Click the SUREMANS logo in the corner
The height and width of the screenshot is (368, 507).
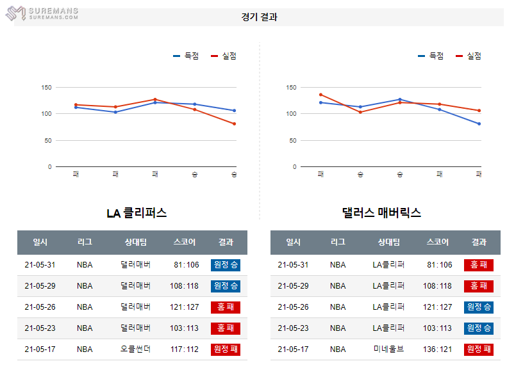pyautogui.click(x=47, y=13)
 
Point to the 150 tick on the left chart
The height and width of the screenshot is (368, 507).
pyautogui.click(x=46, y=88)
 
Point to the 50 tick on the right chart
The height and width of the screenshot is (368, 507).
pyautogui.click(x=292, y=141)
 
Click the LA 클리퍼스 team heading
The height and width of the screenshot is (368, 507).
pyautogui.click(x=137, y=213)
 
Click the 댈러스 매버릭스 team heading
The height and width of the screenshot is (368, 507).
pyautogui.click(x=381, y=213)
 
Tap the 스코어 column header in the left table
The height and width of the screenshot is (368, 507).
pyautogui.click(x=185, y=242)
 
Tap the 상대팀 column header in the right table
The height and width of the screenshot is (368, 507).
pyautogui.click(x=388, y=242)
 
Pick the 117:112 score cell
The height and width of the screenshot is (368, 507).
pyautogui.click(x=185, y=349)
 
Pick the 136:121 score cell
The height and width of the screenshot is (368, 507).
pyautogui.click(x=438, y=349)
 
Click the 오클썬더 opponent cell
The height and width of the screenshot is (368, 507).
pyautogui.click(x=135, y=349)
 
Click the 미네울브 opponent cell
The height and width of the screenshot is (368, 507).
pyautogui.click(x=388, y=349)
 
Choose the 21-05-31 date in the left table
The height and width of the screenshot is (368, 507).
pyautogui.click(x=40, y=265)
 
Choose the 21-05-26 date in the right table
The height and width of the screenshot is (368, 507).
pyautogui.click(x=293, y=307)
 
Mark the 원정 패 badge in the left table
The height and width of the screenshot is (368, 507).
pyautogui.click(x=225, y=349)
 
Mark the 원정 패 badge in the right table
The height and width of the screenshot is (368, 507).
pyautogui.click(x=479, y=349)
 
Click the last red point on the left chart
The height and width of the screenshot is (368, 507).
pyautogui.click(x=235, y=124)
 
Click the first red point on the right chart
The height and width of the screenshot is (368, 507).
pyautogui.click(x=320, y=95)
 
